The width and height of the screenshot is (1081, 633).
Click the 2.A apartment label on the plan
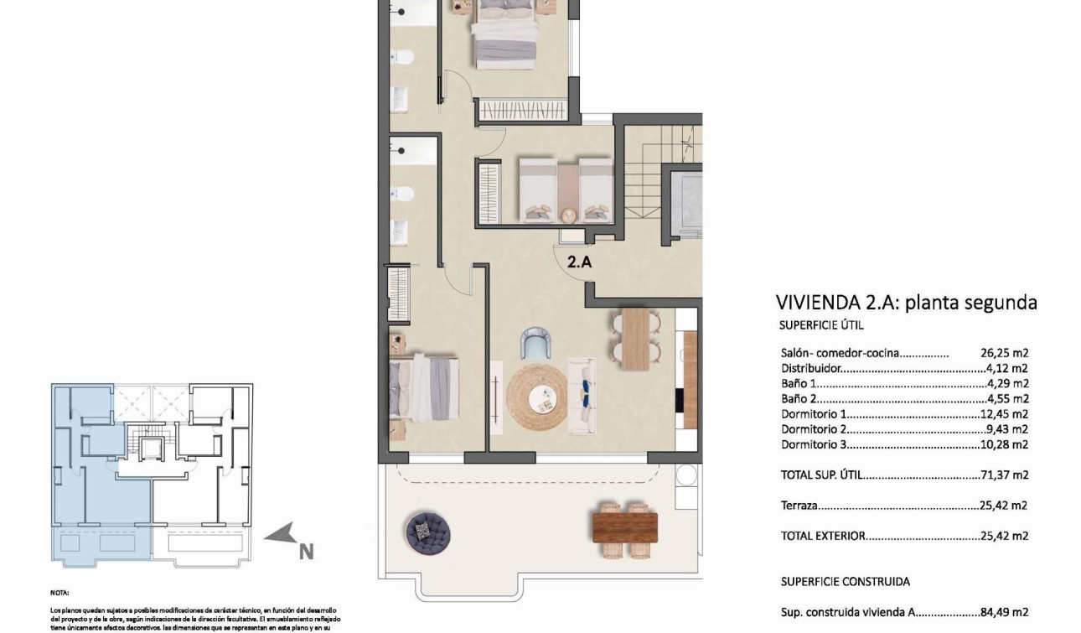click(580, 262)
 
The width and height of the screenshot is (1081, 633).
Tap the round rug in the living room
click(536, 396)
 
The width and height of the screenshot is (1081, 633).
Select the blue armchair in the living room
click(537, 343)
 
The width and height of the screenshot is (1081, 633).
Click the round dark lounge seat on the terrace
click(428, 529)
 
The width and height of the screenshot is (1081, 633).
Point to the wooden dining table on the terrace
click(625, 527)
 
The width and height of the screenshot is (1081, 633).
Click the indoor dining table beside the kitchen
click(636, 338)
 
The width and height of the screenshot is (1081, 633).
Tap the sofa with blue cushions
click(582, 397)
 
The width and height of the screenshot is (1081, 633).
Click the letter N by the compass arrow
click(306, 552)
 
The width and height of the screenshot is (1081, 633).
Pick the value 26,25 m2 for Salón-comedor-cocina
click(1004, 353)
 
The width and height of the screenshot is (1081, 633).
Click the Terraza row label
click(799, 506)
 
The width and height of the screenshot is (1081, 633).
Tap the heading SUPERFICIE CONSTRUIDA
click(845, 581)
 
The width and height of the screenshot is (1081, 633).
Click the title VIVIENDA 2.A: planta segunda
click(906, 303)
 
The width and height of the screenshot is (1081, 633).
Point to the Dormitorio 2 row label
click(814, 429)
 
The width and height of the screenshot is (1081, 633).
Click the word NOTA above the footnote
click(59, 592)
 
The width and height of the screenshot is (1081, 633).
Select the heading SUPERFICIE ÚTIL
click(821, 325)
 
